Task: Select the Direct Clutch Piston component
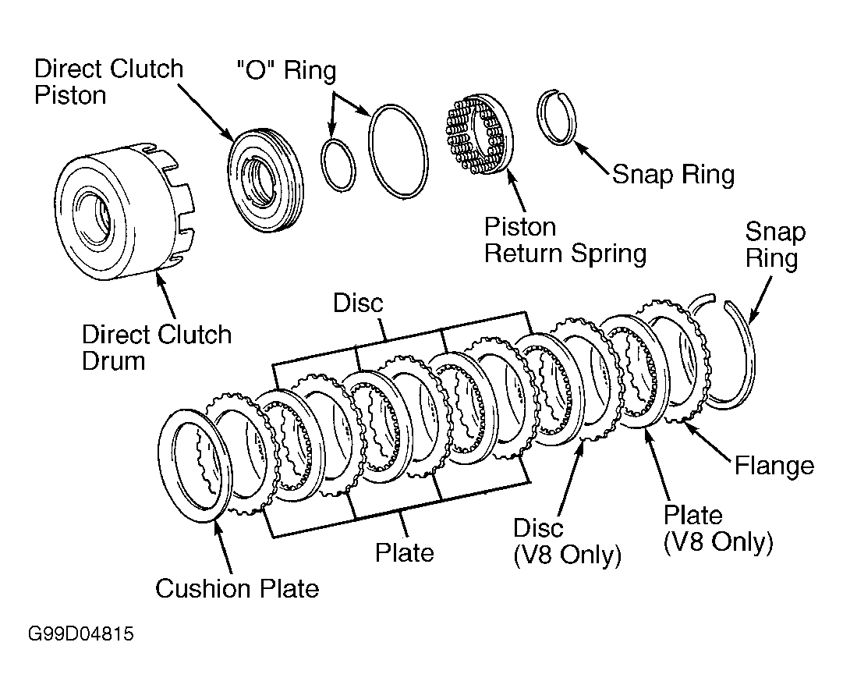click(265, 181)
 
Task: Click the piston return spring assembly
click(478, 134)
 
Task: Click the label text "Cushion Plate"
click(237, 588)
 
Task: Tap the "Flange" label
click(774, 466)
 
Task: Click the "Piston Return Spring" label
click(565, 240)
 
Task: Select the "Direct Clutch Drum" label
click(157, 347)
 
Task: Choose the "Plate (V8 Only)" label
click(718, 529)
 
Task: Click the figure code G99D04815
click(80, 634)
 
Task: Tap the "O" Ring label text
click(286, 70)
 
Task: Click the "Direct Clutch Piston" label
click(108, 82)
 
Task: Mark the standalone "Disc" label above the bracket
click(358, 303)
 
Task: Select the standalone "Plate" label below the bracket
click(404, 552)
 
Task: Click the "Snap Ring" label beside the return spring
click(673, 174)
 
